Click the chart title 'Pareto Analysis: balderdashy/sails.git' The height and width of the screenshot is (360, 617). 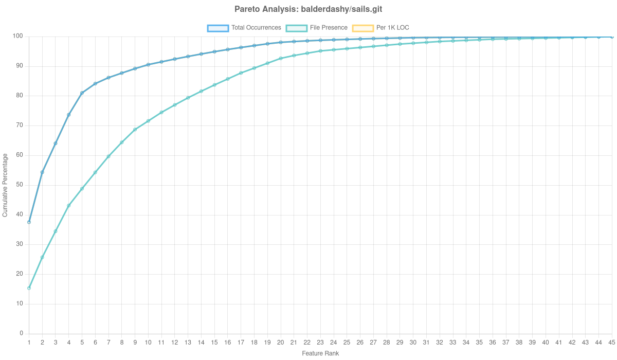coord(308,9)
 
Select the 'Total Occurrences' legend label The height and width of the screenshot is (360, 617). coord(256,28)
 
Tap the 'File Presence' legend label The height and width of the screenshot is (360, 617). coord(329,28)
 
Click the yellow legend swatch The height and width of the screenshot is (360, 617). coord(362,28)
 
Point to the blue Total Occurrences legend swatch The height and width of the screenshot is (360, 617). coord(217,28)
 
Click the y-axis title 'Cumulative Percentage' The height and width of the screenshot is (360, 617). coord(5,185)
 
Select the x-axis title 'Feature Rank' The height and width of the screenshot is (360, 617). coord(320,354)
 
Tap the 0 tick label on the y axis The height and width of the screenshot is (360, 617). coord(21,333)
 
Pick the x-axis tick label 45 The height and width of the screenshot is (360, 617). coord(611,342)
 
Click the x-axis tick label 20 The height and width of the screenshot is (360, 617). coord(280,342)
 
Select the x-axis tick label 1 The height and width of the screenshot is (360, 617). coord(29,342)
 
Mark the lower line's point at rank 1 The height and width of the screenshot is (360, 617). coord(29,289)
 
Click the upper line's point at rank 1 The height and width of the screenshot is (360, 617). coord(29,222)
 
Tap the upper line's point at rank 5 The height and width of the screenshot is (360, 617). coord(82,93)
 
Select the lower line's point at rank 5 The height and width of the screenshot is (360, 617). coord(82,189)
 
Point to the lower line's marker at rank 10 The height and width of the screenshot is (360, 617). coord(148,121)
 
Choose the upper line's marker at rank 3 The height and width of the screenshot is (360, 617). coord(56,143)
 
